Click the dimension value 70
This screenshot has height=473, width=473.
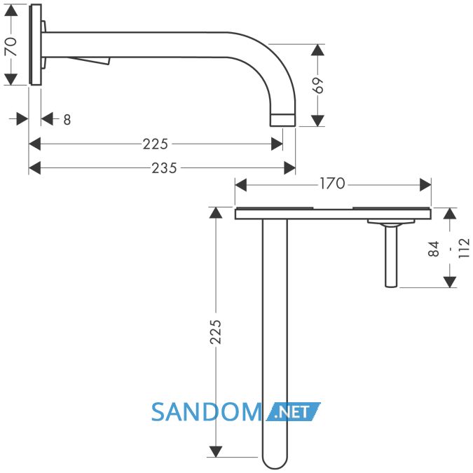coord(11,46)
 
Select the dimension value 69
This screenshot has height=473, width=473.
coord(317,85)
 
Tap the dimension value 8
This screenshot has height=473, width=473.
coord(67,120)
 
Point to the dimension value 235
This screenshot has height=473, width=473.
coord(164,168)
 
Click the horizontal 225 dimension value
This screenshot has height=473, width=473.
coord(155,144)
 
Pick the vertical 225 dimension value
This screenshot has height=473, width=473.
coord(215,332)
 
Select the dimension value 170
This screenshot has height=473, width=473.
coord(332,184)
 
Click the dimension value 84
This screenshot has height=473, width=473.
coord(434,249)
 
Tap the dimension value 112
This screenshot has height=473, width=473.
coord(464,248)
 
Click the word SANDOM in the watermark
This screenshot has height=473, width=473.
coord(207,412)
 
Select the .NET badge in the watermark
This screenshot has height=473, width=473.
coord(293,412)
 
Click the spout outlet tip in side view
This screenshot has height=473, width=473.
coord(282,120)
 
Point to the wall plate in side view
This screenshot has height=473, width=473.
coord(35,45)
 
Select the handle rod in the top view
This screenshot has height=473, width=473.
coord(391,256)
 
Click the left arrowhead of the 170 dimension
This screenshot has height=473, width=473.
coord(241,185)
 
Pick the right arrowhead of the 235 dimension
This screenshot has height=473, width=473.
coord(289,168)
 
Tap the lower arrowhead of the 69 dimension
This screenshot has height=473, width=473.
coord(317,121)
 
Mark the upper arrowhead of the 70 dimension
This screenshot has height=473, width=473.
coord(11,11)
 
